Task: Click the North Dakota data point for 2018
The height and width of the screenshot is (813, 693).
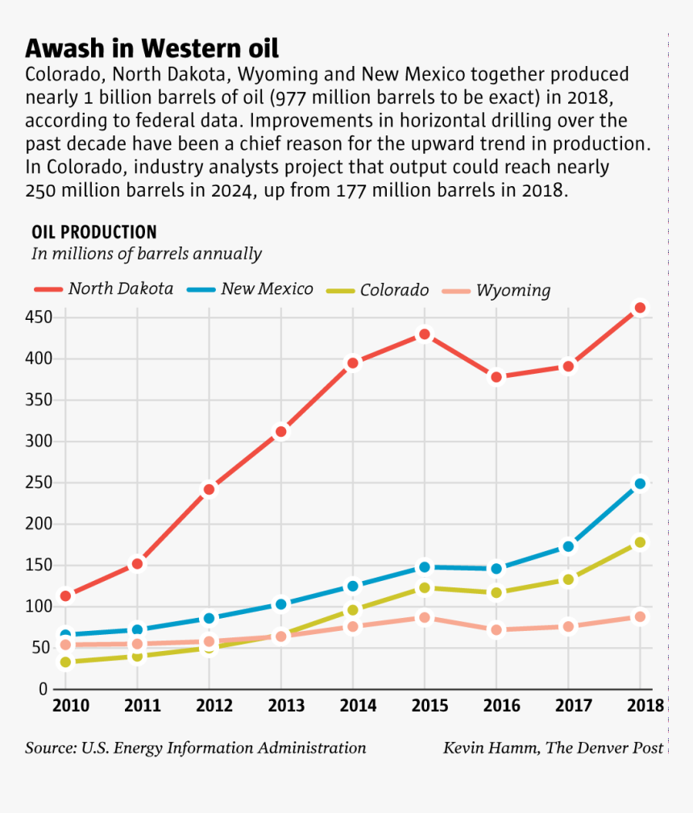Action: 640,308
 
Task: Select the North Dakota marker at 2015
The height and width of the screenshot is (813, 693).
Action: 425,334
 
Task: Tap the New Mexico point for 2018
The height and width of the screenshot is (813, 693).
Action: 640,484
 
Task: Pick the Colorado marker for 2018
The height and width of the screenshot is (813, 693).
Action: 640,542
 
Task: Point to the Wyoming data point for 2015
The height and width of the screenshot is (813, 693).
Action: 425,618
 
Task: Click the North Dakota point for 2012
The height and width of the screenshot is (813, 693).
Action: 209,489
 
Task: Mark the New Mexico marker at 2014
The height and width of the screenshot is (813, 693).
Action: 352,586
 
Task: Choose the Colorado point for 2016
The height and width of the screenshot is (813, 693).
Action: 496,592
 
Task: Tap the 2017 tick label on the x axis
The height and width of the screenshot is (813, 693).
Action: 569,707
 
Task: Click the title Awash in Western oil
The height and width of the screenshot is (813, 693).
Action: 151,48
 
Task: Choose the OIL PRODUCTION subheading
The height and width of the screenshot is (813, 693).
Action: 93,232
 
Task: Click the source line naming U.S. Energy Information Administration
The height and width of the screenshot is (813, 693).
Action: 195,748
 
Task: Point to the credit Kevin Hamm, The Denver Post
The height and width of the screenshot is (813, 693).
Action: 553,748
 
